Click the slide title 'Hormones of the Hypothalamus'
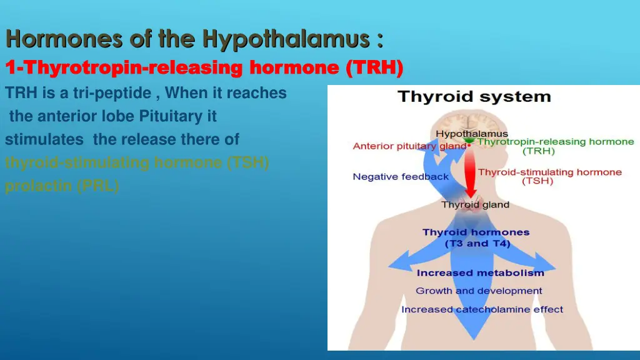click(x=194, y=40)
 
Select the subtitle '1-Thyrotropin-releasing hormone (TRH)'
click(x=204, y=67)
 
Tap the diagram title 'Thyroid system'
click(x=474, y=97)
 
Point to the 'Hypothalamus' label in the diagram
click(x=472, y=134)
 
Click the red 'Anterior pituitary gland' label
click(x=409, y=146)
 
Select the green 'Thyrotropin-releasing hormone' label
click(x=556, y=142)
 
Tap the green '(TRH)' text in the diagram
click(x=536, y=151)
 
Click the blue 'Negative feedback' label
click(x=401, y=177)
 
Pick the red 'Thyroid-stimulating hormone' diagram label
click(x=549, y=172)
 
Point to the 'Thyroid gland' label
click(x=475, y=204)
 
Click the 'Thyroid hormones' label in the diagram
click(x=476, y=232)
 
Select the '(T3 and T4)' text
click(x=477, y=243)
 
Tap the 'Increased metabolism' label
click(x=480, y=273)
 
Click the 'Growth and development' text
click(x=479, y=291)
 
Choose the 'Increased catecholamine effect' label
click(x=482, y=309)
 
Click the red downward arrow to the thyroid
click(x=471, y=175)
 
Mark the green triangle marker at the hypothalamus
click(x=469, y=142)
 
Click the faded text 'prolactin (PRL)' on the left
click(x=62, y=186)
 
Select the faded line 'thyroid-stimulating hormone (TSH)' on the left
click(x=137, y=163)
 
